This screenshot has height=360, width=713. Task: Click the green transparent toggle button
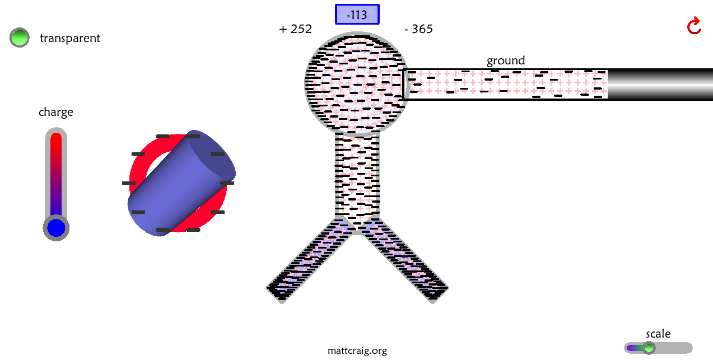click(x=20, y=38)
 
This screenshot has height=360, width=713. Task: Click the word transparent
click(x=69, y=38)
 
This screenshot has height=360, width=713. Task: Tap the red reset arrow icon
click(x=694, y=26)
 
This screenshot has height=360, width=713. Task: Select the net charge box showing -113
click(x=357, y=15)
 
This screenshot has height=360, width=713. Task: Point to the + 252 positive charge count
click(x=295, y=29)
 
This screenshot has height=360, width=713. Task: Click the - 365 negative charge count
click(x=418, y=29)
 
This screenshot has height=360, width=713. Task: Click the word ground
click(x=505, y=60)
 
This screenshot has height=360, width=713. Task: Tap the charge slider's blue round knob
click(x=56, y=228)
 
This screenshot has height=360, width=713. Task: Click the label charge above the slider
click(x=55, y=112)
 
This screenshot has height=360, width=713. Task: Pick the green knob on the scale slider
click(x=649, y=348)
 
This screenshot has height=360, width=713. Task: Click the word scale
click(x=658, y=334)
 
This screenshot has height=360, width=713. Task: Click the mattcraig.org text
click(x=357, y=351)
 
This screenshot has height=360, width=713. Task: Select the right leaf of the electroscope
click(x=407, y=260)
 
